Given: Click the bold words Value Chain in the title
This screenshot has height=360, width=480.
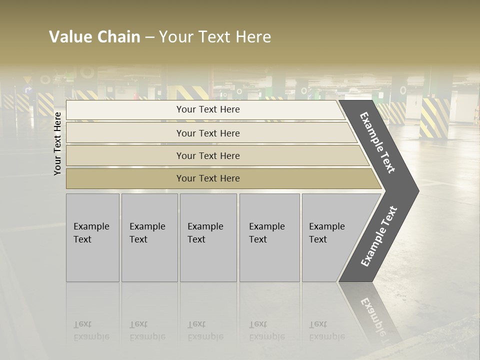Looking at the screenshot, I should point(94,37).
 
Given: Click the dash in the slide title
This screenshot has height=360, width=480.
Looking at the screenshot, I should point(149,37).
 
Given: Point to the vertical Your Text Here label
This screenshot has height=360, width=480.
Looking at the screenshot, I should point(57,143).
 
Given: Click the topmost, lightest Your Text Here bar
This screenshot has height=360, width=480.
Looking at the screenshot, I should point(208,109).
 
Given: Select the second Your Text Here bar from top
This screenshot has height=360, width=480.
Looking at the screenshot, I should point(208,133).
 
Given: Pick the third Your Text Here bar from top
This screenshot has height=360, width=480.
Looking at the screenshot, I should point(208,155).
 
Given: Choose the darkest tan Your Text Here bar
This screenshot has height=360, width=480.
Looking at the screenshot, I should point(208,178).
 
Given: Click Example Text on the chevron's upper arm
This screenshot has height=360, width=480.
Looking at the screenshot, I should point(377,142).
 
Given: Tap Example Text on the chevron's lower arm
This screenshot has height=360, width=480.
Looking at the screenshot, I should point(378,236).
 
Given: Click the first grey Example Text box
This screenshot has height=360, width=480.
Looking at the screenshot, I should point(92,237).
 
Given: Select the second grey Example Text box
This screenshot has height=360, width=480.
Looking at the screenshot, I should point(149,237).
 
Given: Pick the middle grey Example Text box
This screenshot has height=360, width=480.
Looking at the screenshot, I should point(208,237).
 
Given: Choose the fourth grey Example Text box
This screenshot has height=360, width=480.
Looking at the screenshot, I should point(269,237).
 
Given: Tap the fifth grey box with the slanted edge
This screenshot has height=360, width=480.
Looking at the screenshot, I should point(330,237).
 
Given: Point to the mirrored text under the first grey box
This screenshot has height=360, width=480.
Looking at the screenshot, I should point(91,330).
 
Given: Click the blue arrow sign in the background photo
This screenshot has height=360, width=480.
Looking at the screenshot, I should point(28,90).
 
